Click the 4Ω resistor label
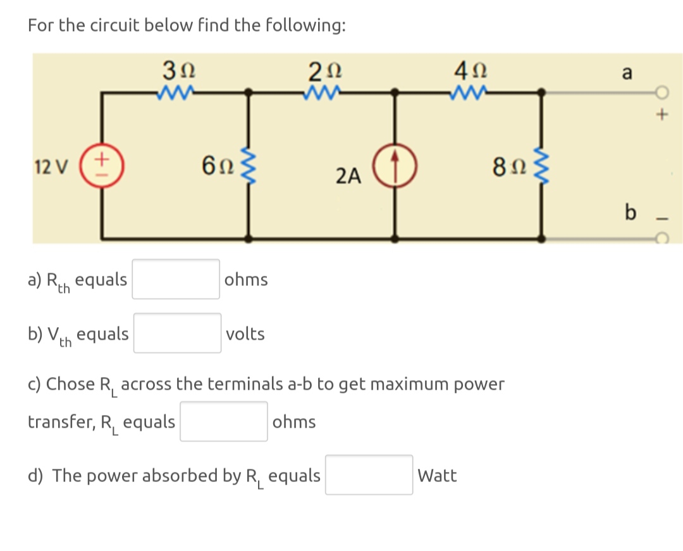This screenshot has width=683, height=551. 467,68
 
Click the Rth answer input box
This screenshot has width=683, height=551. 176,279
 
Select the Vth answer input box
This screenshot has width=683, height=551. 176,333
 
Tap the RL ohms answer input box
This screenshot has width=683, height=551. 224,421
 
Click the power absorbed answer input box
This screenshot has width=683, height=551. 369,475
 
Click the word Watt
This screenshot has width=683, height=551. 437,476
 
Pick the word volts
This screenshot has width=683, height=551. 245,333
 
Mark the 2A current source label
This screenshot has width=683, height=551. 349,176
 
